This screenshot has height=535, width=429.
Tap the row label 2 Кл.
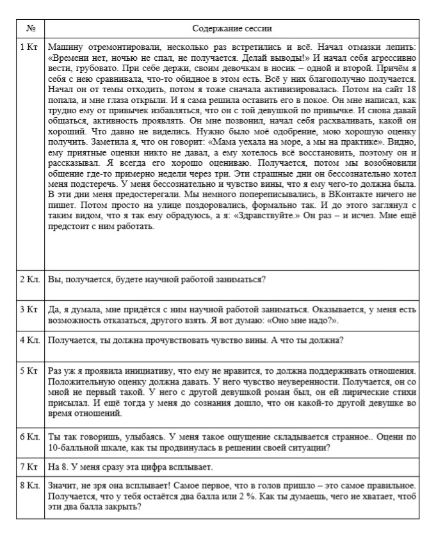31,280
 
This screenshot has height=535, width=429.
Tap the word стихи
405,390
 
